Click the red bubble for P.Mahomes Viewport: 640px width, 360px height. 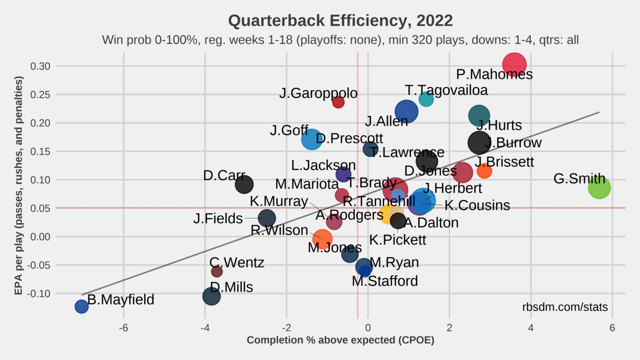point(514,65)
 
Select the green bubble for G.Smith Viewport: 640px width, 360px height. point(599,188)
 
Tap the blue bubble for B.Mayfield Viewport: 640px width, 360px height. point(81,306)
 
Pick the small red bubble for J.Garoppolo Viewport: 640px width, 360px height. point(338,102)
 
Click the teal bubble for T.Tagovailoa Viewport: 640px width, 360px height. point(426,99)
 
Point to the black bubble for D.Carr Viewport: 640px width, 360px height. point(244,184)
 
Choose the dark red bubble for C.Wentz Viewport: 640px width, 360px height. point(217,271)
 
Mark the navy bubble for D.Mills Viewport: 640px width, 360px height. point(211,296)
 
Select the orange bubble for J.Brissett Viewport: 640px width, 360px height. point(484,171)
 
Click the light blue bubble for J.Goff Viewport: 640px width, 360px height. point(312,139)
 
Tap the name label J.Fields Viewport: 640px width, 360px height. point(218,219)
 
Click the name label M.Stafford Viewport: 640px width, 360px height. point(385,281)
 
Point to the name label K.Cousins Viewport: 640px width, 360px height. point(477,205)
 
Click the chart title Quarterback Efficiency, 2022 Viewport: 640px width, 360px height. point(340,21)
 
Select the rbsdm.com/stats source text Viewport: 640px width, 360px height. point(565,307)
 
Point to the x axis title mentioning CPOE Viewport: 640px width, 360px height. point(340,340)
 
